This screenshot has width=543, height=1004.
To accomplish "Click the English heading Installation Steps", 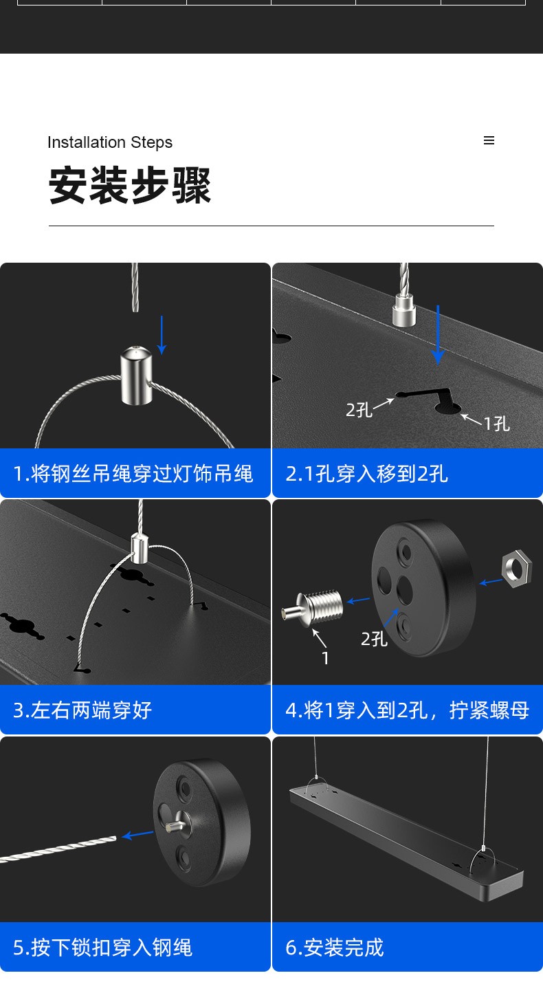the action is click(110, 142).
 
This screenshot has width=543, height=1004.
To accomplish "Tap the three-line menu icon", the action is click(489, 140).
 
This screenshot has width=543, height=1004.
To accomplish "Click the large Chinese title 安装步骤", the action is click(129, 185).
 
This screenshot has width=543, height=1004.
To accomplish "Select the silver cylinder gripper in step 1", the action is click(136, 375).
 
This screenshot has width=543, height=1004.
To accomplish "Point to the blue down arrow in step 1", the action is click(162, 335).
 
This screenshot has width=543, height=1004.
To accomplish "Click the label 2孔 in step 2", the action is click(358, 410).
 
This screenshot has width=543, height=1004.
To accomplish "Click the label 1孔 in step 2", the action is click(497, 423).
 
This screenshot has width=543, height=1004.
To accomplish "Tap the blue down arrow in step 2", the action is click(438, 334).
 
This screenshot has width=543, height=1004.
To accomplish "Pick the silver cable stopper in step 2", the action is click(404, 310).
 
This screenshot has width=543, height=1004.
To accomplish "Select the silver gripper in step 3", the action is click(140, 548).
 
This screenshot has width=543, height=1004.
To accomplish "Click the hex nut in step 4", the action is click(517, 568).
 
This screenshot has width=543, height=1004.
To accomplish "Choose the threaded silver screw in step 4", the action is click(313, 608).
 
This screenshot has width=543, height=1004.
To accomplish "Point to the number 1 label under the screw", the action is click(325, 658).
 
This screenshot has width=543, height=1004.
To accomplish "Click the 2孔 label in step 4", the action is click(374, 639).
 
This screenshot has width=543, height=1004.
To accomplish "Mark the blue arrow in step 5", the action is click(137, 835).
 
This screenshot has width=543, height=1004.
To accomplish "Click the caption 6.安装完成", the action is click(335, 948).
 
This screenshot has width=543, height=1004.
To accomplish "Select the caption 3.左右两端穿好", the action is click(82, 710).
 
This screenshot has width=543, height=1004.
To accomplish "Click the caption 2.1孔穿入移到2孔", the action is click(366, 474).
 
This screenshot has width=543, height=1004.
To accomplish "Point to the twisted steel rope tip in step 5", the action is click(115, 838).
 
